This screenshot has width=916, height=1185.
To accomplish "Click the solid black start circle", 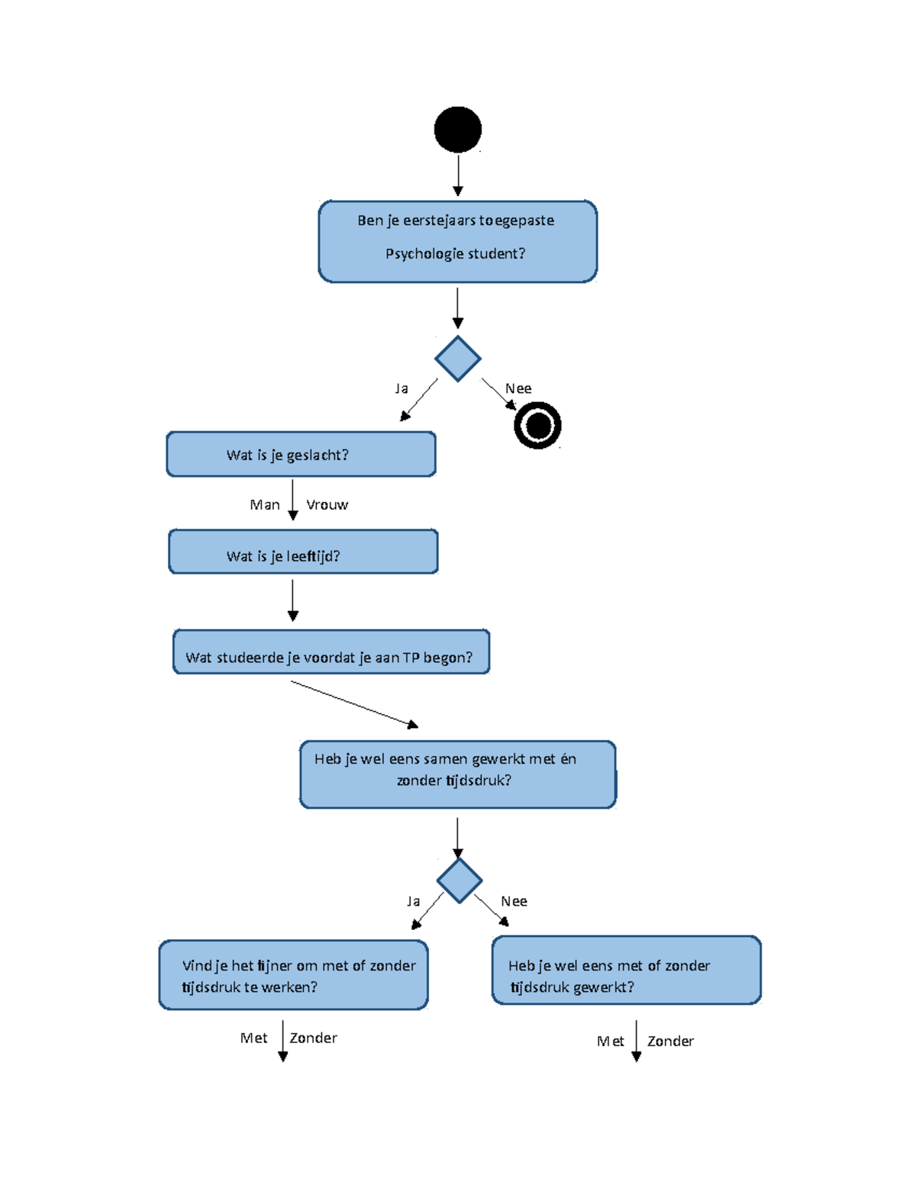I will (457, 130).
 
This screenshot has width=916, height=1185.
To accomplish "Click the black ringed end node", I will (537, 425).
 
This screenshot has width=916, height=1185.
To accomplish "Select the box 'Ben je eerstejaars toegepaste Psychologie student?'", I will (457, 241).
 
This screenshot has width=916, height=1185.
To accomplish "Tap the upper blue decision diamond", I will (457, 359).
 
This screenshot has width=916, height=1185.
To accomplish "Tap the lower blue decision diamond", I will (459, 881).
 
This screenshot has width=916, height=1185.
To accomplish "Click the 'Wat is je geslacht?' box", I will (301, 454).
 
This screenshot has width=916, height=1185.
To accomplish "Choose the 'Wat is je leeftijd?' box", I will (303, 552).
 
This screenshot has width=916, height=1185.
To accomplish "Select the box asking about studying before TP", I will (331, 652).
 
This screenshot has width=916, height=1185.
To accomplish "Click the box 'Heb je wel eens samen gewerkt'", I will (457, 774).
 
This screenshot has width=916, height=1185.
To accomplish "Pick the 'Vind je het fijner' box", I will (293, 975).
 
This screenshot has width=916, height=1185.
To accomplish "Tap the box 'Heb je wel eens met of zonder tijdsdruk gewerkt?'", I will (626, 971).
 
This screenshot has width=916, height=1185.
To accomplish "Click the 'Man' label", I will (265, 505).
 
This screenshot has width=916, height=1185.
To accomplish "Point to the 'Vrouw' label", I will (327, 505).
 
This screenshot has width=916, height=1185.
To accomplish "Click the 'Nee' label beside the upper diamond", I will (518, 388).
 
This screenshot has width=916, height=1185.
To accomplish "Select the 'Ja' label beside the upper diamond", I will (402, 388).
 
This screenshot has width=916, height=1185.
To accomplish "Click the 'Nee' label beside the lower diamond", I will (514, 901).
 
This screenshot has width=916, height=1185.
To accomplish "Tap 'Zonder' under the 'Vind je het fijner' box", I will (313, 1038).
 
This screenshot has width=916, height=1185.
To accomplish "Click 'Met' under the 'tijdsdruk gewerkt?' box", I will (610, 1042).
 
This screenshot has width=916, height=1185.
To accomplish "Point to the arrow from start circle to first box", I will (457, 174).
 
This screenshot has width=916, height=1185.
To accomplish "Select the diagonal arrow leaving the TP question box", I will (354, 704).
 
